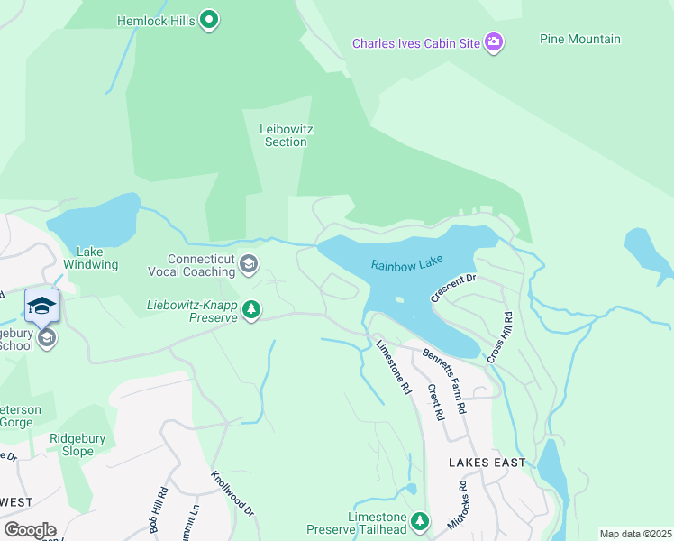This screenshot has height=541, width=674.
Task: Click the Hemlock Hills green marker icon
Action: [x=209, y=20]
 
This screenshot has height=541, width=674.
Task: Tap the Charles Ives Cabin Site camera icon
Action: [x=493, y=42]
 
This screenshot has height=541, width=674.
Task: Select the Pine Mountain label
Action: [x=579, y=39]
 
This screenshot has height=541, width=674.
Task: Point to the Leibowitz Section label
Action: [x=286, y=135]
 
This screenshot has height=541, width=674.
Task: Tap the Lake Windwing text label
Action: [x=96, y=258]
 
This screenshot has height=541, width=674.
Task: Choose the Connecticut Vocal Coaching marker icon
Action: [x=250, y=264]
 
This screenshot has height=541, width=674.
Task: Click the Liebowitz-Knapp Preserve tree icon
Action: [x=251, y=311]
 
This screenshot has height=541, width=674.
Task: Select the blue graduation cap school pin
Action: [x=41, y=305]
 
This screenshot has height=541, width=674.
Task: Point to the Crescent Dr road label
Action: [x=452, y=289]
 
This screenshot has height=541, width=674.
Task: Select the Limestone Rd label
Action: [x=393, y=367]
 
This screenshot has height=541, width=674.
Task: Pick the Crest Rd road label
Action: [x=436, y=403]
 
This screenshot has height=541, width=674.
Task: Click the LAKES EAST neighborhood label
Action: [x=487, y=463]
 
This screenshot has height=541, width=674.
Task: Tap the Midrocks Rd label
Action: [x=461, y=504]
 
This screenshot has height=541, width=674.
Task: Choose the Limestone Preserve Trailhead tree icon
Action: [x=419, y=521]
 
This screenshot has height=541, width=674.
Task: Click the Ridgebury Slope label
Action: [x=77, y=445]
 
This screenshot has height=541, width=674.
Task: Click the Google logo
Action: [x=30, y=529]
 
